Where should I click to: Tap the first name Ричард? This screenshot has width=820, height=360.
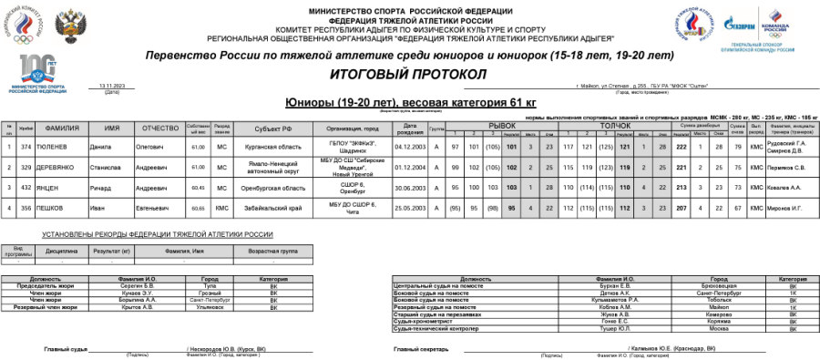100,189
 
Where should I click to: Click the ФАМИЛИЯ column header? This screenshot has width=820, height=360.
60,129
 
